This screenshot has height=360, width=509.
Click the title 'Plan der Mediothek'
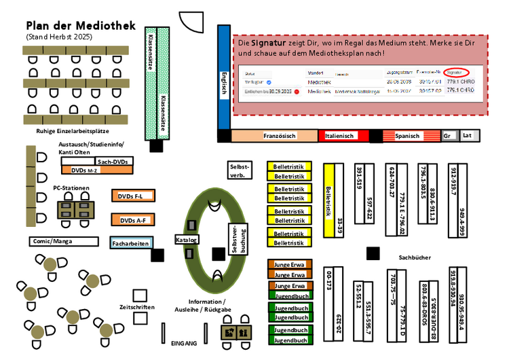coord(80,26)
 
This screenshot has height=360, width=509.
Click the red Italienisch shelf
coord(343,136)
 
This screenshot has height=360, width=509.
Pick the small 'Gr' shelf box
coord(447,136)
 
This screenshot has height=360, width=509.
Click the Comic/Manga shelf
coord(61,241)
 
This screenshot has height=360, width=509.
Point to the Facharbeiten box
coord(131,242)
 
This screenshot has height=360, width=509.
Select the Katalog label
coord(186,240)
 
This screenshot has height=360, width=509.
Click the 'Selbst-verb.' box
coord(240,170)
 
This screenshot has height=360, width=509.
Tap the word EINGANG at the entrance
coord(183,344)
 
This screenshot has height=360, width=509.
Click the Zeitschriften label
coord(136,307)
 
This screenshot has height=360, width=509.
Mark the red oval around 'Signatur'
coord(464,72)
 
